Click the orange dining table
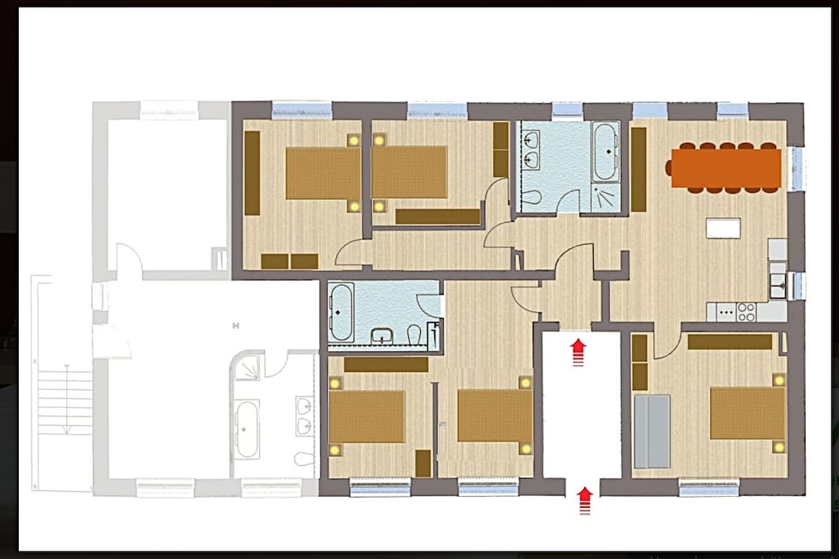(x=725, y=168)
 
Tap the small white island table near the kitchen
(x=723, y=228)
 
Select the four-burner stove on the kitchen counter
(x=746, y=312)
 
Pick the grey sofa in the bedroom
(x=652, y=431)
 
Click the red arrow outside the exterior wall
(x=585, y=500)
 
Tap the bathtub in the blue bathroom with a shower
(x=605, y=151)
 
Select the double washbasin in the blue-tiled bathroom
(x=532, y=150)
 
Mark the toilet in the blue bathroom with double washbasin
(x=531, y=196)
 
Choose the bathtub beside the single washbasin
(x=342, y=312)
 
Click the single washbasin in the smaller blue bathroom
(x=382, y=337)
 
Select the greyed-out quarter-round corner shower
(x=247, y=367)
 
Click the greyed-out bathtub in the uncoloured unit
(x=247, y=428)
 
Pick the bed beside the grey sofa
(x=747, y=413)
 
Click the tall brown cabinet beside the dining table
(x=638, y=170)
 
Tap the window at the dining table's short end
(x=795, y=168)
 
